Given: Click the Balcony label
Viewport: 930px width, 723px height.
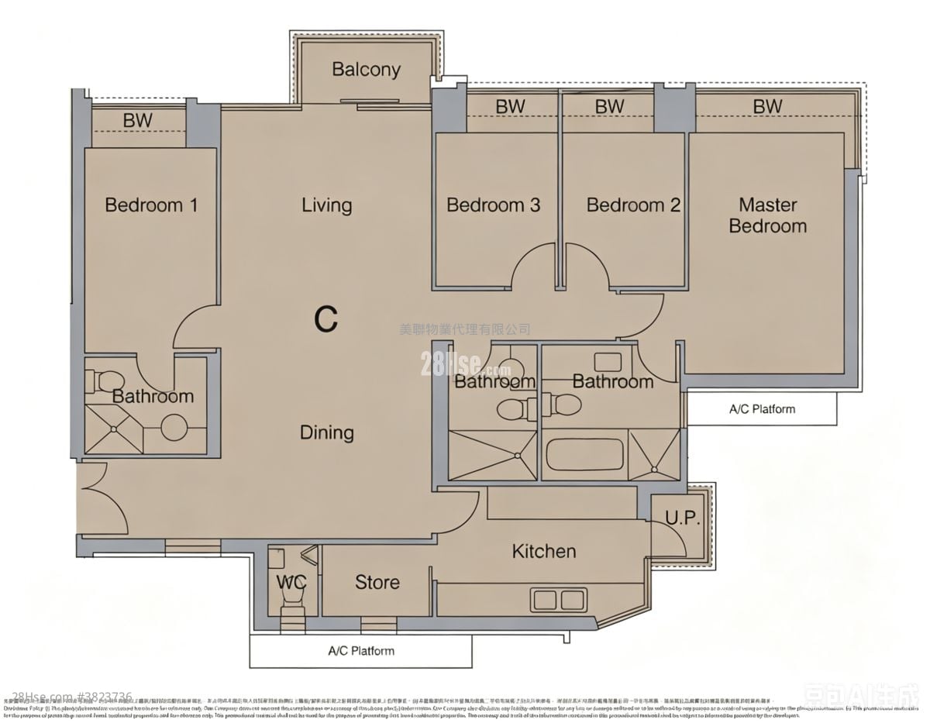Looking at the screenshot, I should [366, 69].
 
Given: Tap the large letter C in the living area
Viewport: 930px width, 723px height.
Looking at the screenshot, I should [326, 319].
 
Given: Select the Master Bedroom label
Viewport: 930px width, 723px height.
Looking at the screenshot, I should [767, 215].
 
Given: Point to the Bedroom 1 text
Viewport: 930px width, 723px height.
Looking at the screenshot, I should [151, 205].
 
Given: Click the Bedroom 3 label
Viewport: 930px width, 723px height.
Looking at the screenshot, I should [493, 205].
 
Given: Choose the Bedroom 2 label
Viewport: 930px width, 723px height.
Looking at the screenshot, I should [633, 205].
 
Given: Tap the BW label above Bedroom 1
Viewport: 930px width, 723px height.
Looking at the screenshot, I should [137, 121].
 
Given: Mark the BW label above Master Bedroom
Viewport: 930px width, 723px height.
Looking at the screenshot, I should [767, 106].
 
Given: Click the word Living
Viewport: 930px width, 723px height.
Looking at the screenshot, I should [326, 205].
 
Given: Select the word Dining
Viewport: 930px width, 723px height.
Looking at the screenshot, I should [326, 432].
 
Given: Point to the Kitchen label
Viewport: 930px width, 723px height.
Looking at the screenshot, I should [544, 551].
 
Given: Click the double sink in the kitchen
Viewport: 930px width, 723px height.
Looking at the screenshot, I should [558, 599].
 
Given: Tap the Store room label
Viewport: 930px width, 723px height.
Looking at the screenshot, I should [377, 582].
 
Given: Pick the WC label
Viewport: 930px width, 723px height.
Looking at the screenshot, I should [291, 582].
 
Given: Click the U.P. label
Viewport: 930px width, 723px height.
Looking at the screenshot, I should [682, 519].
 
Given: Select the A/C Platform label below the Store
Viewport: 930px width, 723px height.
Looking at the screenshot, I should [361, 651].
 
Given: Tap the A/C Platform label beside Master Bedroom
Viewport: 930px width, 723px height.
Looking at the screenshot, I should [762, 409].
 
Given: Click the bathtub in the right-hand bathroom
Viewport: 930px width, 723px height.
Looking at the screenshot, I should [584, 456].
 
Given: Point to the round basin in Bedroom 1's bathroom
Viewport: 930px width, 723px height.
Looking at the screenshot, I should [174, 428].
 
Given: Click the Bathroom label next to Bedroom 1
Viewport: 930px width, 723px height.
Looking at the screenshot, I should [153, 396].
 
